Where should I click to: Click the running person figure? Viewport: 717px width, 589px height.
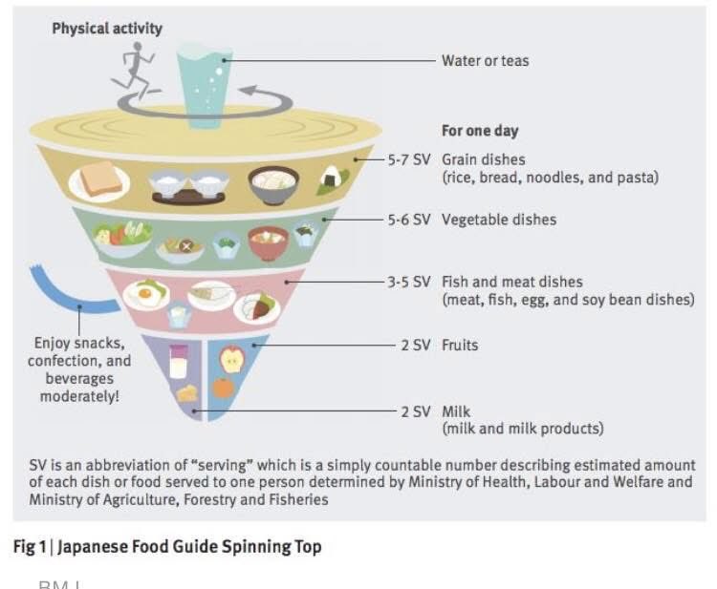136,71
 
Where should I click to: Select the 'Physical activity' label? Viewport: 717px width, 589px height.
107,29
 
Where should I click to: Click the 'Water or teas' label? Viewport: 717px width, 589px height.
485,60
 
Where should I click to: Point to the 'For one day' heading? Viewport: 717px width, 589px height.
480,131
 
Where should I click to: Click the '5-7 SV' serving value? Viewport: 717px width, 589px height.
409,159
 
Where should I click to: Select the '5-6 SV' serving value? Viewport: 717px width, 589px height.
409,220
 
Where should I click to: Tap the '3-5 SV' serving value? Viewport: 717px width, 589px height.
409,282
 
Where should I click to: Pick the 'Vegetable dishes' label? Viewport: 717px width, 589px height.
498,220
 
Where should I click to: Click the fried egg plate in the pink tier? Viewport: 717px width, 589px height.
148,293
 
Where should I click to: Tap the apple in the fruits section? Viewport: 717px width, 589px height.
232,359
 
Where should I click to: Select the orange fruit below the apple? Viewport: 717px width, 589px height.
224,388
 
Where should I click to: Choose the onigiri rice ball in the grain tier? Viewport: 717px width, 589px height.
333,177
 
